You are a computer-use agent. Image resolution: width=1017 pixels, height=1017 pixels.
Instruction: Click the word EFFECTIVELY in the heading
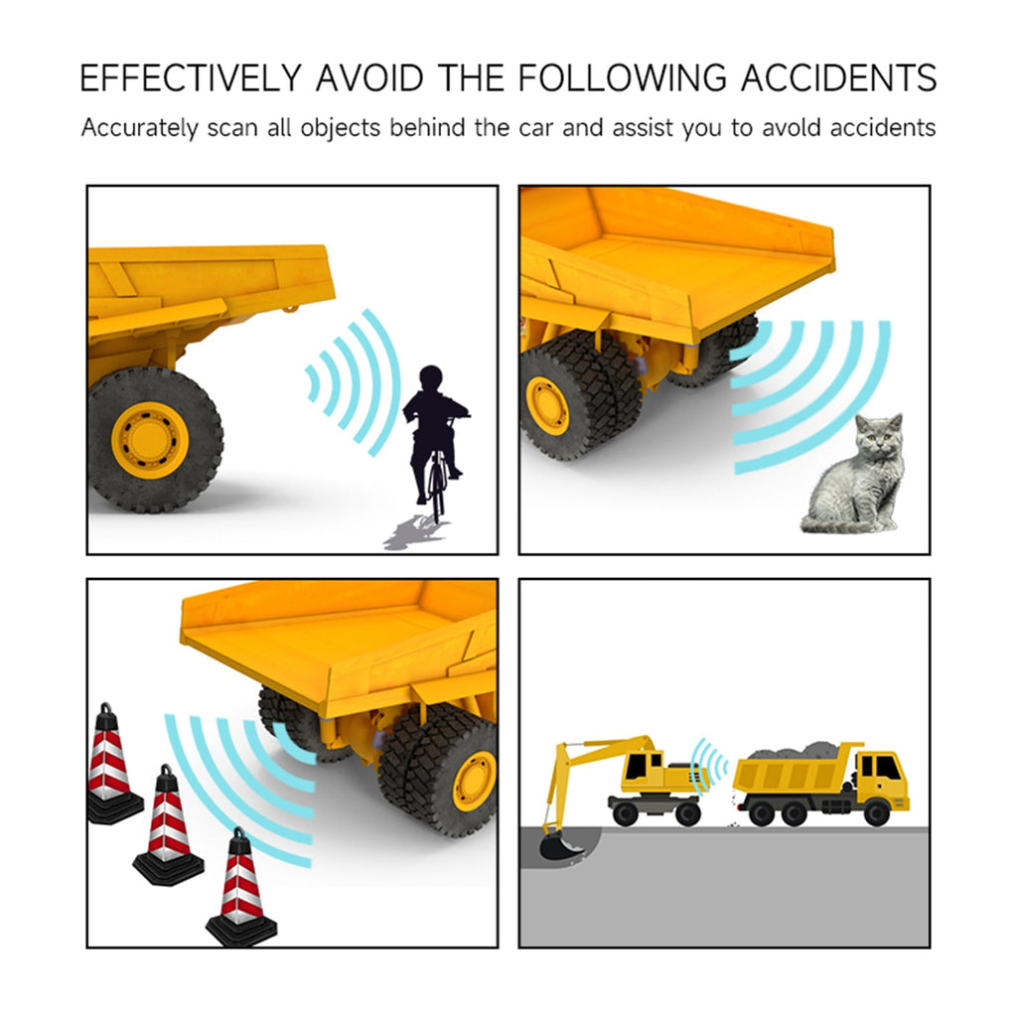tap(191, 77)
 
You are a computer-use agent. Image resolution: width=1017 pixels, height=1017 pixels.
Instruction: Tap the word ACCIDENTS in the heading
tap(838, 77)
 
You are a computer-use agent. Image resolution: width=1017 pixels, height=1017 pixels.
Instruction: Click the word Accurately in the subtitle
tap(139, 128)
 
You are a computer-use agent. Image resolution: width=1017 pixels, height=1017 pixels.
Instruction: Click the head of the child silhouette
tap(430, 378)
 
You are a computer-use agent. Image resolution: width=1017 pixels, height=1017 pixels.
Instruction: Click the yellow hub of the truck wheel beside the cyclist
tap(150, 438)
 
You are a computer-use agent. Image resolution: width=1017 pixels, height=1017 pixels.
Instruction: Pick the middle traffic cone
tap(168, 825)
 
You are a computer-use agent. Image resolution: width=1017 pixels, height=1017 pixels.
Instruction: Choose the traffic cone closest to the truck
tap(241, 887)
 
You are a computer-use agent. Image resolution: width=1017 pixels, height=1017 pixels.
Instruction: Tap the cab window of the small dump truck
tap(888, 769)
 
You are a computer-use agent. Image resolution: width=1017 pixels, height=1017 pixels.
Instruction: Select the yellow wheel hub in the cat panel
tap(547, 405)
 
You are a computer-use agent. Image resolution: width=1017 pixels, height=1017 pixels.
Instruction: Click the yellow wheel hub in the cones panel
tap(475, 782)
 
